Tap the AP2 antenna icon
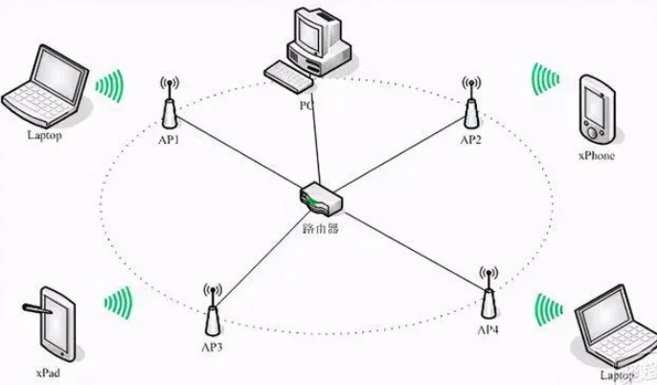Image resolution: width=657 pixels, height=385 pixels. point(470,105)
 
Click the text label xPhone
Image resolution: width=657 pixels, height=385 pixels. point(596,156)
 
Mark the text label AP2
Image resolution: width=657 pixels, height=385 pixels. point(470,140)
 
